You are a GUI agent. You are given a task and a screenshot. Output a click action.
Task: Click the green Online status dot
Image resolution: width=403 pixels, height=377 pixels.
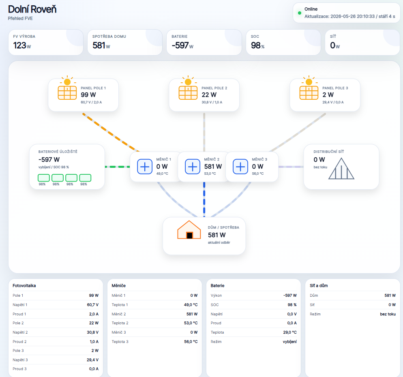[300, 13]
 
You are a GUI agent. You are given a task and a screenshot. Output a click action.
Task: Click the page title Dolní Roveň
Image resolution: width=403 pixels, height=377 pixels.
[32, 9]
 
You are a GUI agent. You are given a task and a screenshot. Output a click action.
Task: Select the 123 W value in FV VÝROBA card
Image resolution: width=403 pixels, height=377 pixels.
[22, 45]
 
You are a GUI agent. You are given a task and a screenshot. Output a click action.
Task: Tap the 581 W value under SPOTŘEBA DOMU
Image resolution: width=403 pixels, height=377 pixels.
[101, 45]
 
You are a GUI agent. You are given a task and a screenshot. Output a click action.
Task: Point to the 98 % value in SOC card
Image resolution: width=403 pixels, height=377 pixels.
[257, 45]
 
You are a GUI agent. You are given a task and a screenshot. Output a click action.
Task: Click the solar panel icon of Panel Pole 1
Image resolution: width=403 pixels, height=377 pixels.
[67, 92]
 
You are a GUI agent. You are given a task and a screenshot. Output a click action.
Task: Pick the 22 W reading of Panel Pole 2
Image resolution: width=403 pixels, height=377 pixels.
[209, 95]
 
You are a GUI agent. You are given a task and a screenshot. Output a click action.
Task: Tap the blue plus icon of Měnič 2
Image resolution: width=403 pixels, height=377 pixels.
[193, 167]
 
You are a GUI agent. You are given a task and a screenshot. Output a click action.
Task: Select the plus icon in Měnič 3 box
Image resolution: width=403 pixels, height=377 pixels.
[240, 167]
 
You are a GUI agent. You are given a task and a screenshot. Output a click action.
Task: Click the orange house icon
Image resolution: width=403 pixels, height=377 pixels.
[189, 230]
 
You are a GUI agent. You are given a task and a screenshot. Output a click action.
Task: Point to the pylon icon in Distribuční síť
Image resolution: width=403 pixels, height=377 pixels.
[341, 169]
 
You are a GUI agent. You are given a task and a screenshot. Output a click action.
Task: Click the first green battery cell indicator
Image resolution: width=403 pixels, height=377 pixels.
[44, 178]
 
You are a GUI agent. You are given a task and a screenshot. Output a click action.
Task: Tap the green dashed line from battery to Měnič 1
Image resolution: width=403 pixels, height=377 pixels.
[118, 167]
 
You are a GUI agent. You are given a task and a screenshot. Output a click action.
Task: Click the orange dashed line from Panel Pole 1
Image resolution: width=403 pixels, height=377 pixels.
[111, 133]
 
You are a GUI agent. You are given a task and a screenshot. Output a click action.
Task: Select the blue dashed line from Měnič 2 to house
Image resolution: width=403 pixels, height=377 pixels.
[204, 199]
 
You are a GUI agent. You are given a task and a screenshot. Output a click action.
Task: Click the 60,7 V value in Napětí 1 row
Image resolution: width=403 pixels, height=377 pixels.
[93, 305]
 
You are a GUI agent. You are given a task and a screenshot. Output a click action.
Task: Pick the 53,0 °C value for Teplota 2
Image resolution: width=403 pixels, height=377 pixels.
[191, 323]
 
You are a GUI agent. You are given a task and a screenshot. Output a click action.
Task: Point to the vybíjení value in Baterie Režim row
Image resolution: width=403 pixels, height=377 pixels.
[289, 342]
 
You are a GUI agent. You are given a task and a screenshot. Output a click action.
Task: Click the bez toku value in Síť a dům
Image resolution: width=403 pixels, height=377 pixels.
[388, 314]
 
